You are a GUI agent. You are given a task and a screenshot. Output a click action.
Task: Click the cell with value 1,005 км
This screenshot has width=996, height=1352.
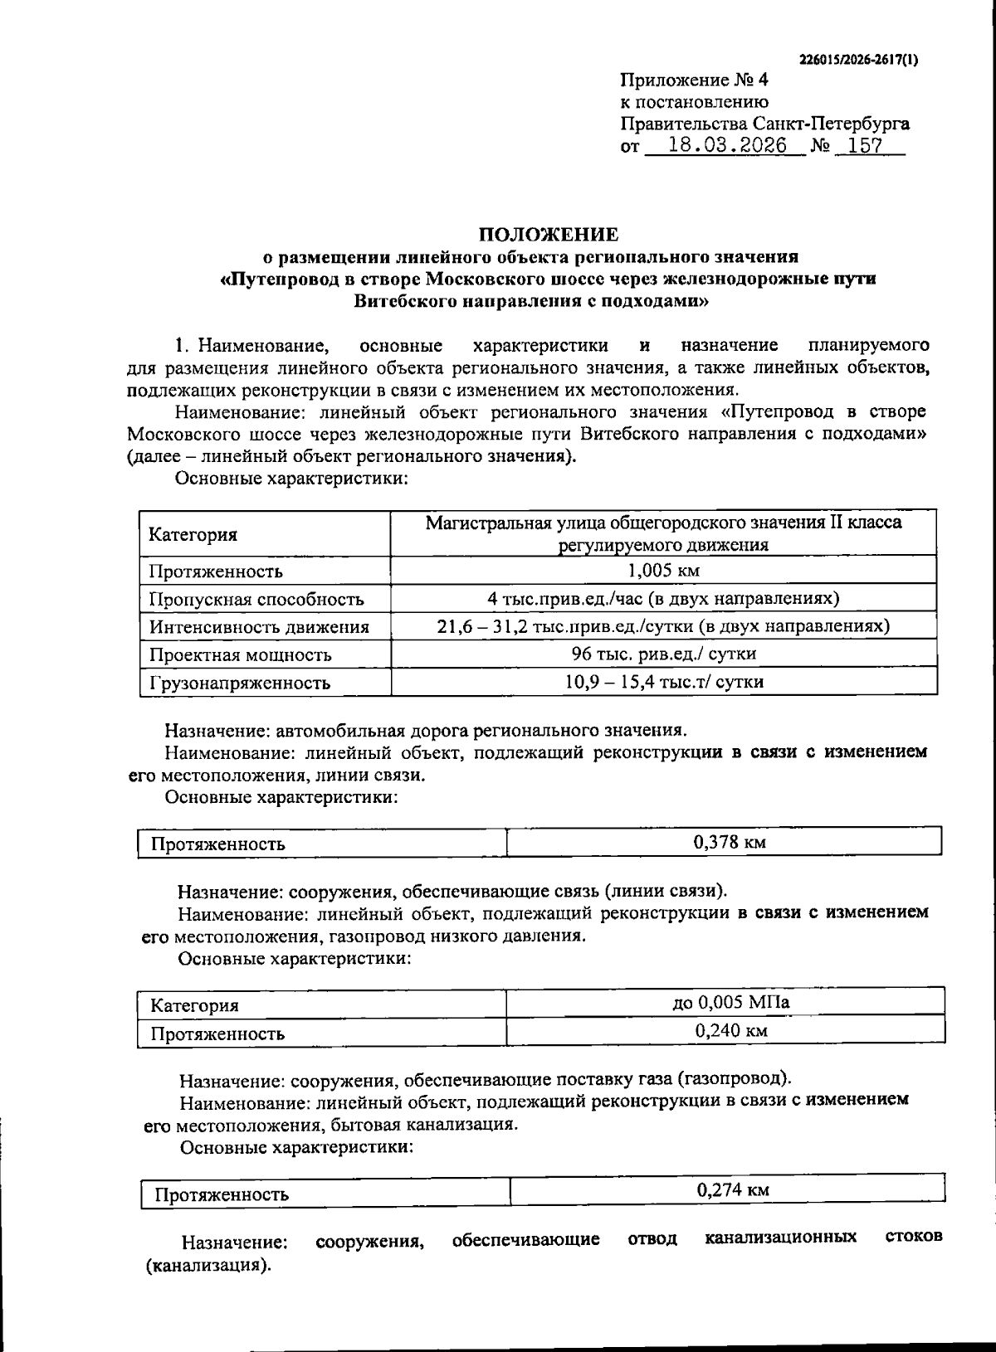point(664,571)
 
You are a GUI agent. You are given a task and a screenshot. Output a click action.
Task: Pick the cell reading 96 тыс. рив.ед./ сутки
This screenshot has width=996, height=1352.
point(664,654)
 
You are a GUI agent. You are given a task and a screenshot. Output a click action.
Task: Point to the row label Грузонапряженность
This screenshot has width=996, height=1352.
point(240,683)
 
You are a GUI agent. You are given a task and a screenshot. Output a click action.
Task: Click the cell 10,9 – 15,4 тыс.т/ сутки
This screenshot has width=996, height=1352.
point(664,682)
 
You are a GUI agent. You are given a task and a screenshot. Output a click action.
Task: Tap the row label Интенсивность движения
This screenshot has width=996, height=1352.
point(258,627)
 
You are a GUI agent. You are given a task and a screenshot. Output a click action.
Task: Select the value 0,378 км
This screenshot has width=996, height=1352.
point(729,843)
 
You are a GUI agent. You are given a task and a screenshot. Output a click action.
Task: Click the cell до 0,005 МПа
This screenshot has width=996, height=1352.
point(730,1002)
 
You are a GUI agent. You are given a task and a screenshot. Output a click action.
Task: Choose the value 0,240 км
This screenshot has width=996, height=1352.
point(730,1031)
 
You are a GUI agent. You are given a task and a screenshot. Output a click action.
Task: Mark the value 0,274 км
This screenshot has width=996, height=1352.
point(733,1190)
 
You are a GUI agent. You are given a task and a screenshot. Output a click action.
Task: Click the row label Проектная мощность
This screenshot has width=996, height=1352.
point(240,654)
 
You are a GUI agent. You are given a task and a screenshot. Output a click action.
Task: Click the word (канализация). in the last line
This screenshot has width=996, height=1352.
point(208,1267)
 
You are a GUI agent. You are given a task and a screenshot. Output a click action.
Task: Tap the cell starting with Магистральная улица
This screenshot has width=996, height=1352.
point(664,533)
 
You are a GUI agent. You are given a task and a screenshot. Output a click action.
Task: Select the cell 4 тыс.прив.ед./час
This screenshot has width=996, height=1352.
point(664,598)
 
